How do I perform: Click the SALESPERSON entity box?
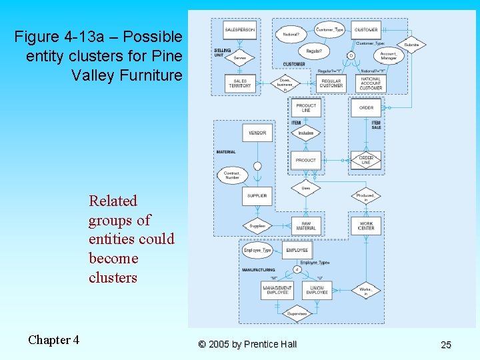[240, 30]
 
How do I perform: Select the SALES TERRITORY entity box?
[240, 83]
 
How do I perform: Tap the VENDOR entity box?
[257, 133]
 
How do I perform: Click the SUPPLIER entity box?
[257, 196]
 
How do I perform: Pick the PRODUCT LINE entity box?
[306, 108]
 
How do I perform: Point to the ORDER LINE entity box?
[366, 160]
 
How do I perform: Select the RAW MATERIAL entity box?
[306, 225]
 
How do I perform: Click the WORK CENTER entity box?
[366, 225]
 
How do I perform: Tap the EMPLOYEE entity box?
[297, 250]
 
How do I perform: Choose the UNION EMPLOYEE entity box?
[317, 290]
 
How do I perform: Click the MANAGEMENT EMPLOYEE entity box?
[277, 290]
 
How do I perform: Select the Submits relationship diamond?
[411, 45]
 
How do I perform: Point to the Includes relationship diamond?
[306, 133]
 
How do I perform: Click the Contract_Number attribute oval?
[231, 175]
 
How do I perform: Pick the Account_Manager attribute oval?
[389, 56]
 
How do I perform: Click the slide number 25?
[445, 344]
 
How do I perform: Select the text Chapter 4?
[53, 340]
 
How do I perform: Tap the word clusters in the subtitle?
[113, 277]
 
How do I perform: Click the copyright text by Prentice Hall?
[247, 344]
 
